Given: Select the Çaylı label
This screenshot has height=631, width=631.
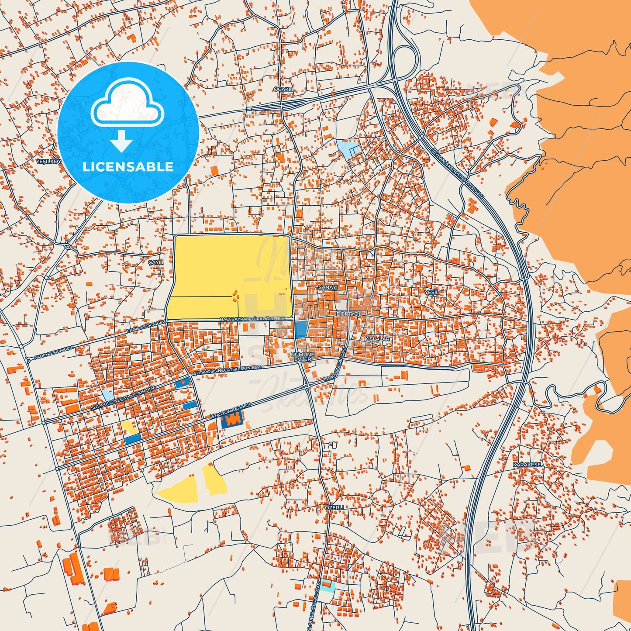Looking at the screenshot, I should (x=155, y=262).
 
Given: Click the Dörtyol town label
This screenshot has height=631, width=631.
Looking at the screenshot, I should (x=349, y=314).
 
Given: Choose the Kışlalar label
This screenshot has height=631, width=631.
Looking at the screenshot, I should (x=377, y=338).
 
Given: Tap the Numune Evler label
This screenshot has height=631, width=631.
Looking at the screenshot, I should (x=303, y=357).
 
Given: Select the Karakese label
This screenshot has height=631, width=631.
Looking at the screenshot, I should (x=528, y=465).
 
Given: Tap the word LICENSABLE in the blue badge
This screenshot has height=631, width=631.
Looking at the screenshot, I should (x=128, y=166).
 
